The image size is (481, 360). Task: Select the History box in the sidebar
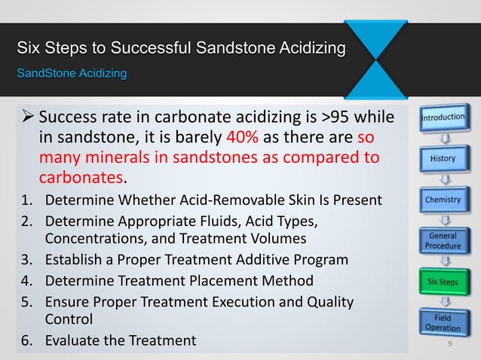pos(443,159)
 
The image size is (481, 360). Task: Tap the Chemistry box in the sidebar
pos(443,200)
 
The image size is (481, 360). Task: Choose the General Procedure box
pos(443,241)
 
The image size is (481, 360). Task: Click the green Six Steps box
pos(443,283)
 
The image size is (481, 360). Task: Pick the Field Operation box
pos(443,324)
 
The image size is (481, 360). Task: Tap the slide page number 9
pos(449,345)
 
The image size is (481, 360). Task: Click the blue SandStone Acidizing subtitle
pos(72,74)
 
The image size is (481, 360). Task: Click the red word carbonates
pos(81,179)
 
